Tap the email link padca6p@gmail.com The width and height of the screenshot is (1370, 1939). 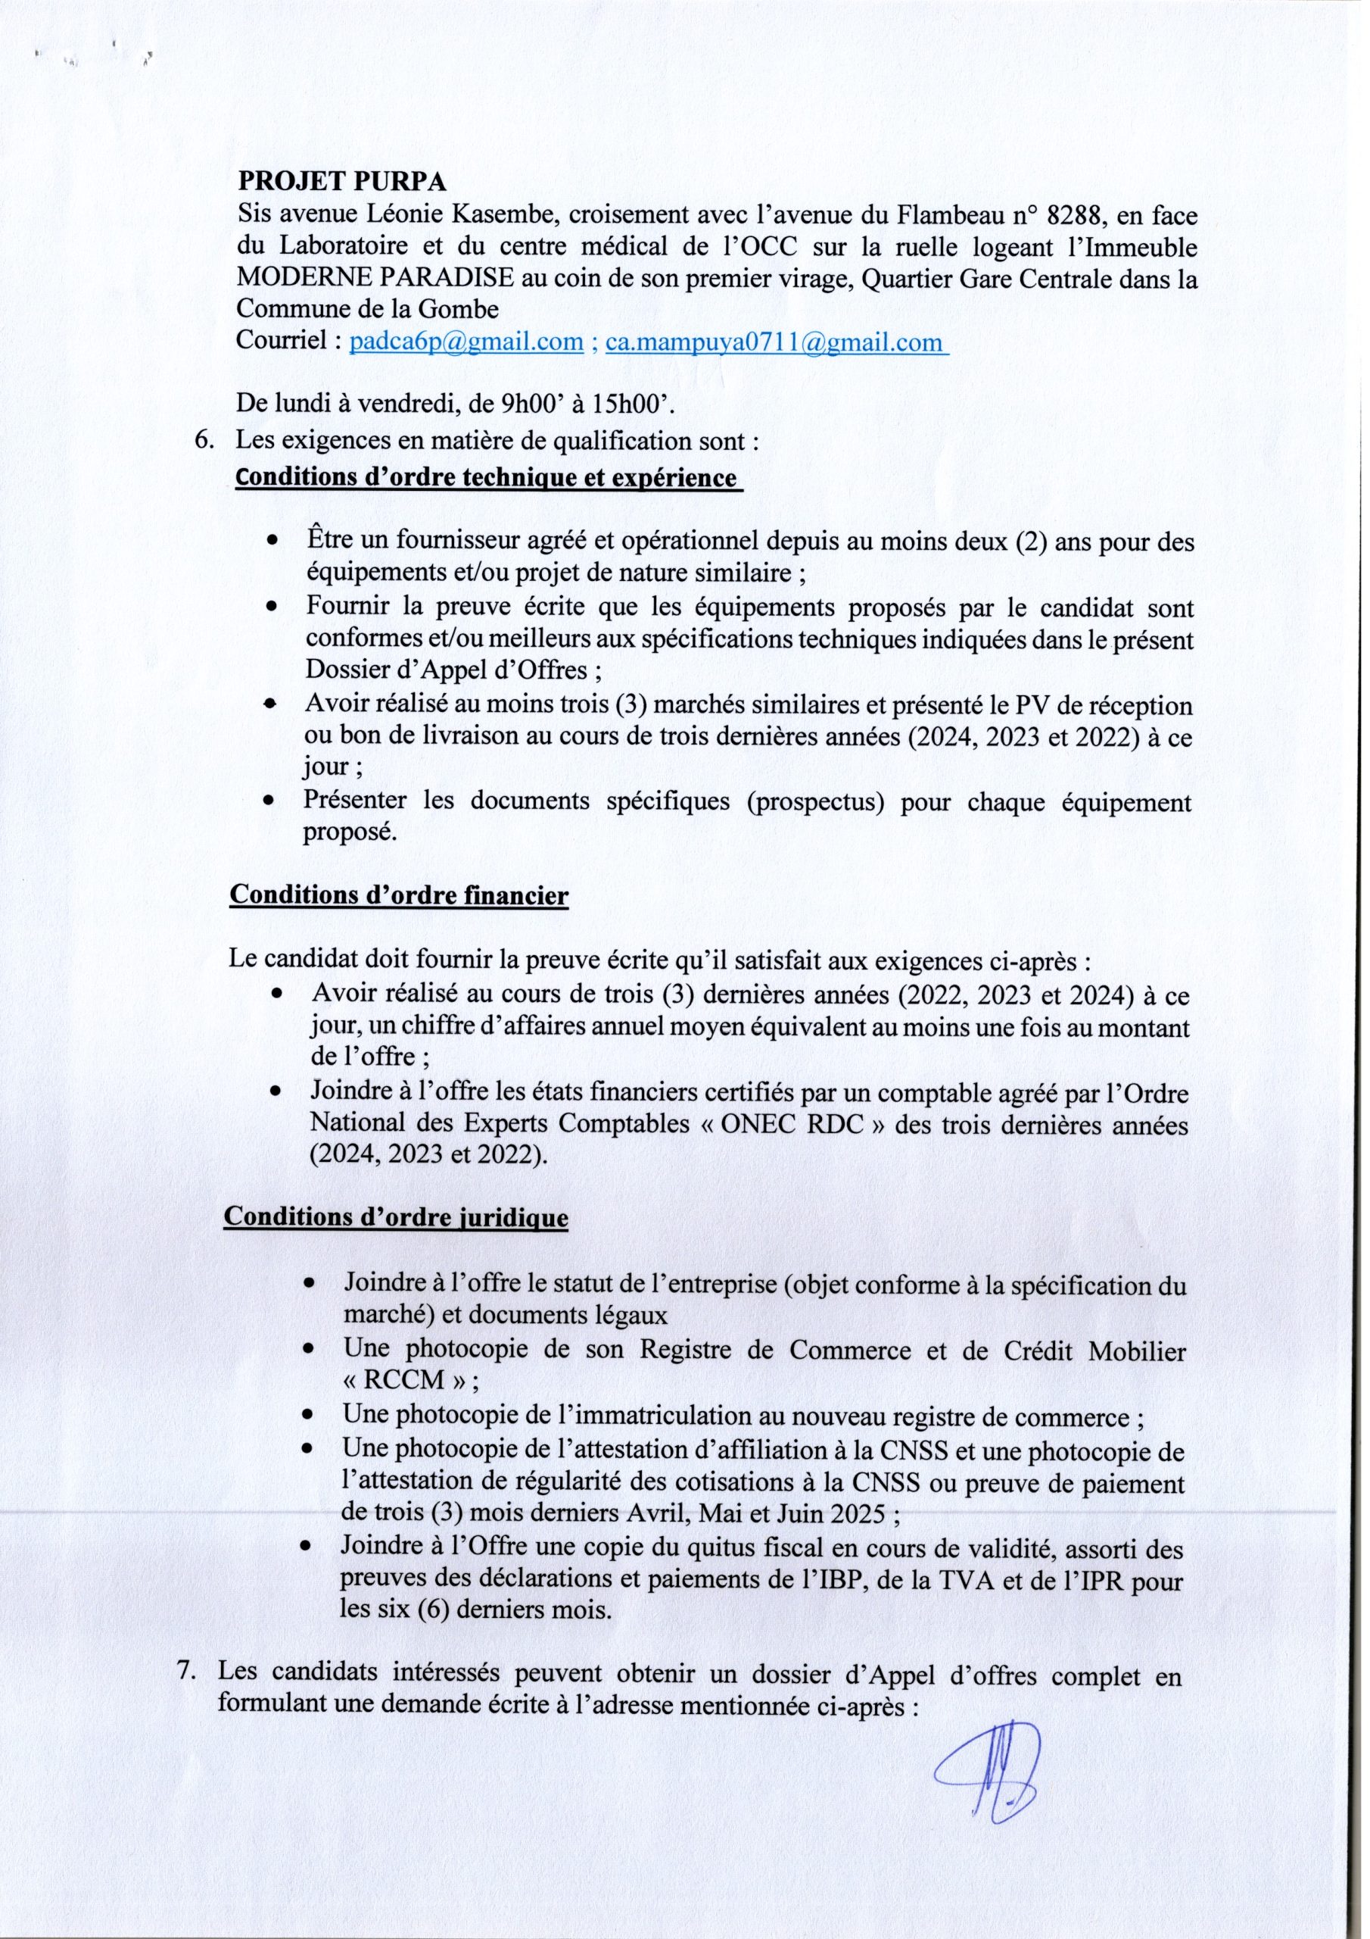point(466,342)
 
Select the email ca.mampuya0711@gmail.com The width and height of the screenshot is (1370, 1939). point(777,342)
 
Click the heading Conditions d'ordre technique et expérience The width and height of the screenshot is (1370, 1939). point(487,478)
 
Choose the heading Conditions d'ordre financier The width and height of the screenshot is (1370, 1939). point(399,895)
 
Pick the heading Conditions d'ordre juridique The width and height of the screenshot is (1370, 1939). point(395,1218)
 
